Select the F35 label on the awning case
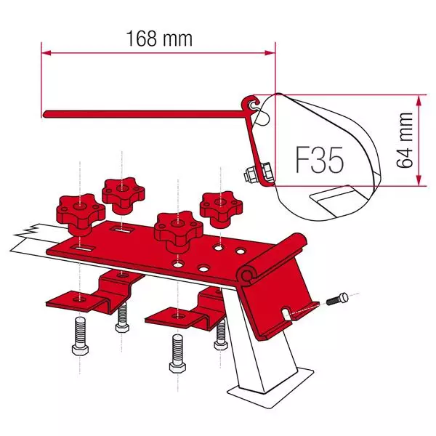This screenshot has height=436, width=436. coord(320,159)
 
